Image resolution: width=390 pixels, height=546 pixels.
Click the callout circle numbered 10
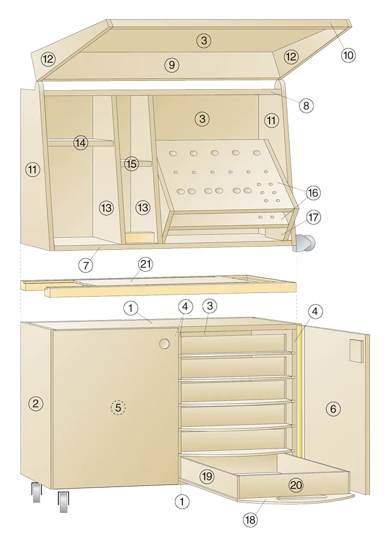(x=348, y=55)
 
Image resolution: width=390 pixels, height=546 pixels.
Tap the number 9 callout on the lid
(x=172, y=65)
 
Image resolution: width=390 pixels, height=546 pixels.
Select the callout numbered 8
(x=306, y=106)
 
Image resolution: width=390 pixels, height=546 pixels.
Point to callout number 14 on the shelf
(x=81, y=143)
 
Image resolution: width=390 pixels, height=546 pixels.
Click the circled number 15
(x=132, y=164)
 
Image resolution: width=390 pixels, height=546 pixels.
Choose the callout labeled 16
(x=313, y=193)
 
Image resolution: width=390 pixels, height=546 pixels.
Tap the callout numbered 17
(x=313, y=217)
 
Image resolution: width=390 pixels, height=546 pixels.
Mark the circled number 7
(x=86, y=265)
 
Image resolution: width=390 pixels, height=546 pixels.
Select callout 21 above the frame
(x=145, y=264)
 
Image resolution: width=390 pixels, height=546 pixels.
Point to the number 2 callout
(x=36, y=404)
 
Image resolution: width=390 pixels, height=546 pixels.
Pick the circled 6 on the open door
(x=333, y=409)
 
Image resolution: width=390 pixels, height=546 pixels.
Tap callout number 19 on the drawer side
(x=207, y=476)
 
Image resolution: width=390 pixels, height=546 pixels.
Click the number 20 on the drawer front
(x=296, y=485)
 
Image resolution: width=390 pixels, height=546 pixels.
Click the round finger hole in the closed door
(x=165, y=344)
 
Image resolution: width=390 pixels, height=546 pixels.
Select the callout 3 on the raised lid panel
(x=204, y=41)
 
